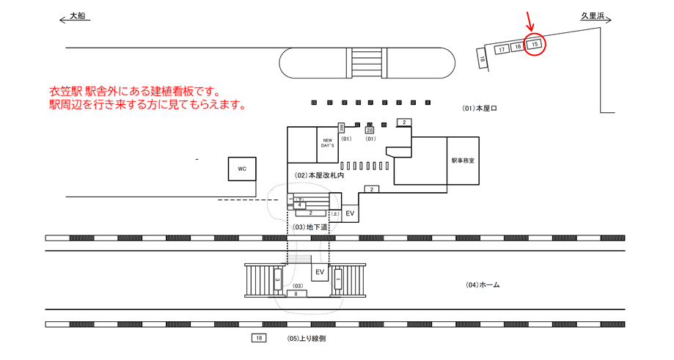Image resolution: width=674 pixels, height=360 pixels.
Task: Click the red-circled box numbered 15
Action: pos(535,45)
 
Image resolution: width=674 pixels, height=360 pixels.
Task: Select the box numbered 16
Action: pos(518,47)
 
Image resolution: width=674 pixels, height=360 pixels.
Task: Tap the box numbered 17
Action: pos(502,50)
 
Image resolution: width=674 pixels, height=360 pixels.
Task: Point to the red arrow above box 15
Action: pos(531,23)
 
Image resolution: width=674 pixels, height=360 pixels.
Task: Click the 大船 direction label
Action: pos(77,15)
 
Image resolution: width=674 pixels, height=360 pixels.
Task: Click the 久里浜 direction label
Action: pos(591,15)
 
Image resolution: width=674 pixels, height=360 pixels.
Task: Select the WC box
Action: pos(242,169)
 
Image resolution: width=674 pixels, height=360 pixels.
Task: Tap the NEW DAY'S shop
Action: pos(327,144)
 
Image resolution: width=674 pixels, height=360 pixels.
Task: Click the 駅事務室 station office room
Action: pos(462,161)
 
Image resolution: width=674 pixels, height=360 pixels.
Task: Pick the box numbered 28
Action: pos(370,130)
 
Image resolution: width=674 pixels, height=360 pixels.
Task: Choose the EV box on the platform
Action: pos(319,272)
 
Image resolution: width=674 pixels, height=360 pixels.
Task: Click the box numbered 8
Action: pos(296,293)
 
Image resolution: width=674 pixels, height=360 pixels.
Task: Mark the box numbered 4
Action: pos(299,205)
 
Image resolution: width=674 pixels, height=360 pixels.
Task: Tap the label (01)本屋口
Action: pos(480,109)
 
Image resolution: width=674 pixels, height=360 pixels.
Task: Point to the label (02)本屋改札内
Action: pos(320,176)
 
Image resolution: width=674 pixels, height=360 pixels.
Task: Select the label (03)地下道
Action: pos(310,227)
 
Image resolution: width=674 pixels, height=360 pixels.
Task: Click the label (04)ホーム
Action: pos(483,284)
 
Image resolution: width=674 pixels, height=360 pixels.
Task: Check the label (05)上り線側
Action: pos(307,338)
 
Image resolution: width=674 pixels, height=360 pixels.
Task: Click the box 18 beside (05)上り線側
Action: pos(258,338)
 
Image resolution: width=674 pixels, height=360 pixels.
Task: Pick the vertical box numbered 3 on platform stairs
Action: pos(277,279)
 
